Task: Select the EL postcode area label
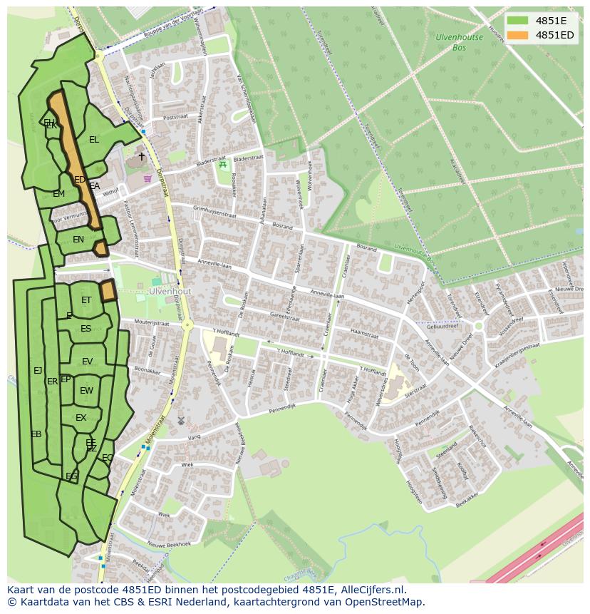point(94,140)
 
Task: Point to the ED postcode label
point(80,180)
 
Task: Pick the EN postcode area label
point(78,240)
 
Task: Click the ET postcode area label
point(86,300)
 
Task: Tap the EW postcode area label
point(86,391)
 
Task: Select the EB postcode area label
point(36,434)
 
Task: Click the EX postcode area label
point(81,418)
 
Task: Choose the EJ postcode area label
point(38,370)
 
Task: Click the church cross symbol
point(141,156)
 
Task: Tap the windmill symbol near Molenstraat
point(180,421)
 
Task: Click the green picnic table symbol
point(223,165)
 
